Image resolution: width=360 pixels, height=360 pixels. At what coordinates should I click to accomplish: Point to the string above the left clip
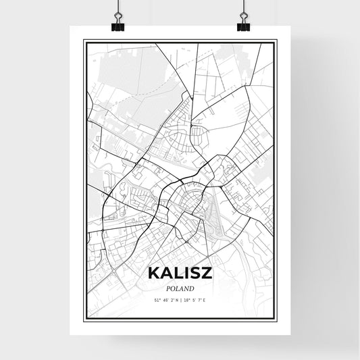(118, 6)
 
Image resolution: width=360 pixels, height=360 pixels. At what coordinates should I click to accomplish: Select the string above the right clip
(243, 6)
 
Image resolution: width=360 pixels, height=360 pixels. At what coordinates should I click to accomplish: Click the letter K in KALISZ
(152, 274)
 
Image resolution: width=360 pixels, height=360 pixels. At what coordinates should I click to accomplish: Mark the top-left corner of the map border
(84, 41)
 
